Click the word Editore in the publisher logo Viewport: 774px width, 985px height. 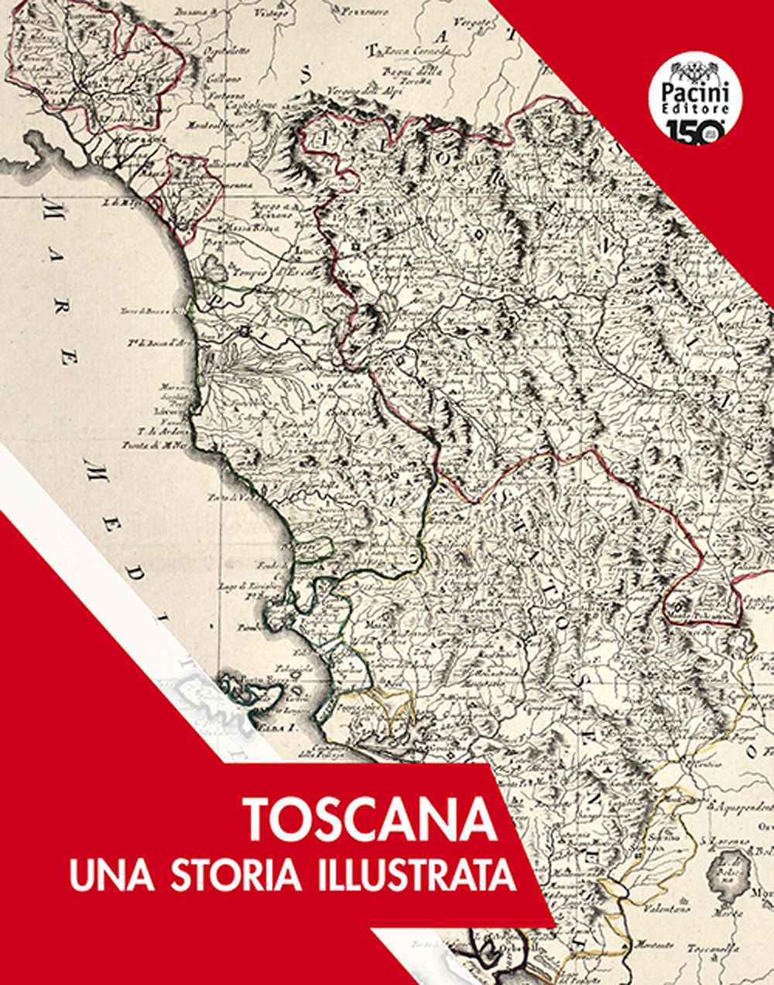695,110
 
